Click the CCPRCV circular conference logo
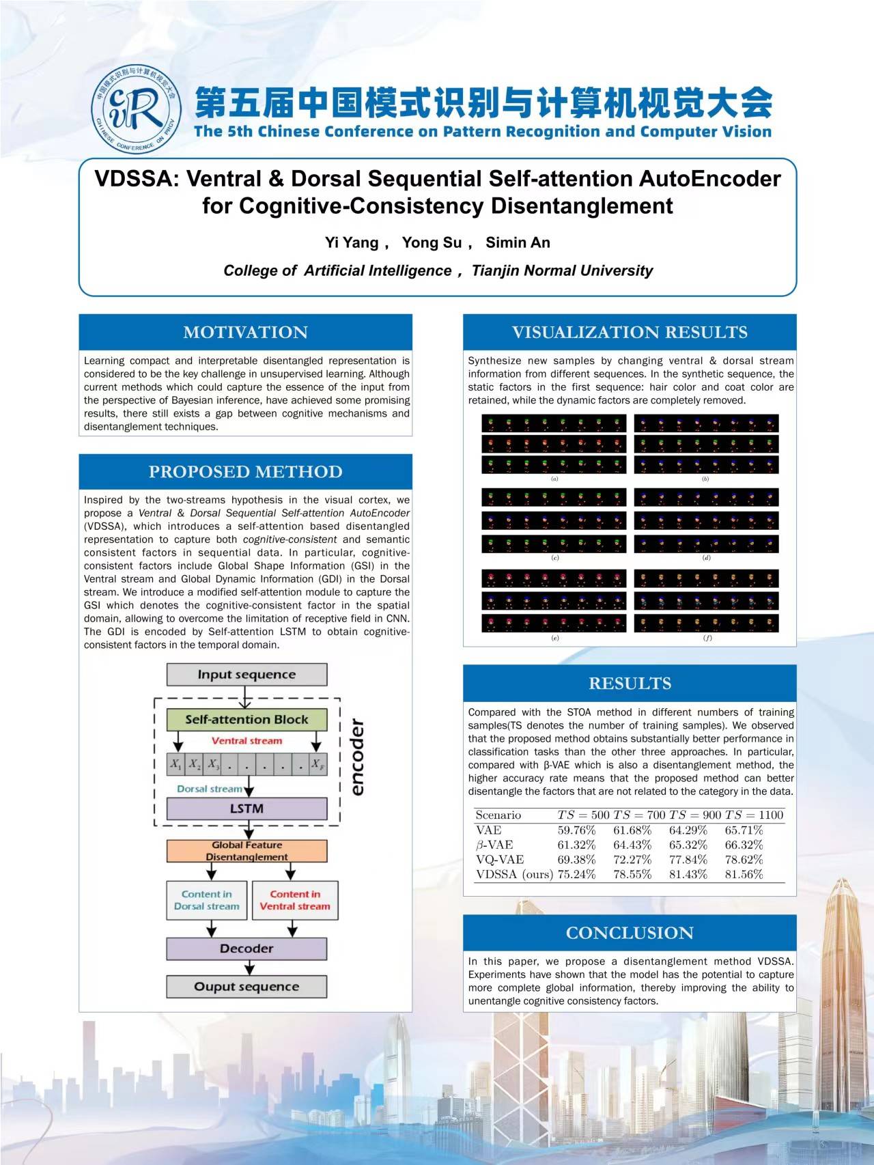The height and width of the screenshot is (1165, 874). pos(136,111)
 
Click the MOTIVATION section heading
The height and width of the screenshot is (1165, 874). pos(245,333)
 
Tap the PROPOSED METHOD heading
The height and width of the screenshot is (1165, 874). pos(245,472)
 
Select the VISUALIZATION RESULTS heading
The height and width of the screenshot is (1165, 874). pos(630,333)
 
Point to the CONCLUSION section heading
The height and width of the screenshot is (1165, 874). pos(630,933)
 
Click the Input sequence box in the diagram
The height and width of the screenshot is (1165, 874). pos(246,675)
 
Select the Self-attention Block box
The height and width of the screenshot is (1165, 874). pos(246,720)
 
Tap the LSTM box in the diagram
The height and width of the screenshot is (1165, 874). pos(246,809)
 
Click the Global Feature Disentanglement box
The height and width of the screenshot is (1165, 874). pos(246,851)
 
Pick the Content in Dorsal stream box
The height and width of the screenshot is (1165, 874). pos(207,900)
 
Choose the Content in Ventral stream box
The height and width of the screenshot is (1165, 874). pos(295,900)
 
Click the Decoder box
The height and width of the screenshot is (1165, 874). pos(246,949)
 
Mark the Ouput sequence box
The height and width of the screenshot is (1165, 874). pos(246,987)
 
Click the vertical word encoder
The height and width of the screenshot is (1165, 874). pos(356,757)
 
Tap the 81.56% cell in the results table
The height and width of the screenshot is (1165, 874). pos(744,874)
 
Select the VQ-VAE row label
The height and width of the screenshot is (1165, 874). pos(500,860)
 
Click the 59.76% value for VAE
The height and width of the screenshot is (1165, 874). pos(576,830)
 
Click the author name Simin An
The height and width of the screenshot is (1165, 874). pos(518,242)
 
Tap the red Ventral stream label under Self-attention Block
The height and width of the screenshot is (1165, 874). pos(246,741)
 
